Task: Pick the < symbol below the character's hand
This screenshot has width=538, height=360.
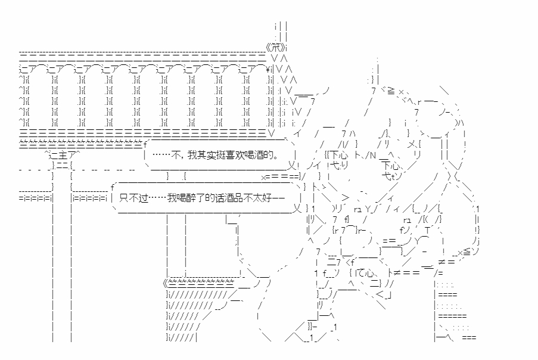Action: (380, 294)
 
